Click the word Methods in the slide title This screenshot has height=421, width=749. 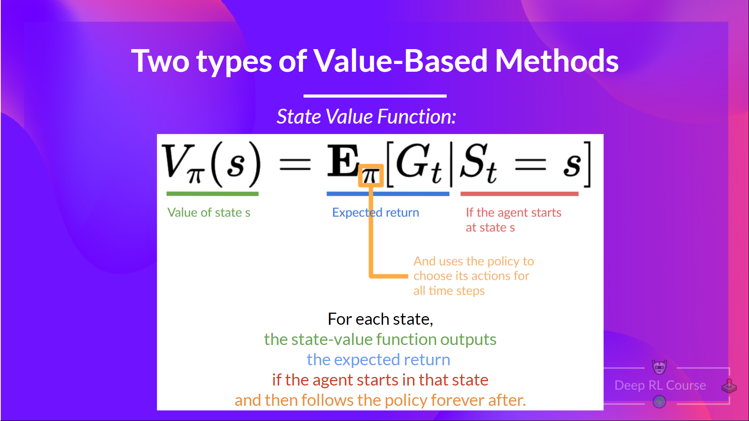(x=557, y=61)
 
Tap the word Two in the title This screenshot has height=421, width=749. (x=160, y=61)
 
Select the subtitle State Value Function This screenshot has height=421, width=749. (x=366, y=117)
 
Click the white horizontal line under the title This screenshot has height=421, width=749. (x=374, y=96)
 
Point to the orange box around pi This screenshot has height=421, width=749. (x=371, y=175)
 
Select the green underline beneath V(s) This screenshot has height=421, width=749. (x=212, y=194)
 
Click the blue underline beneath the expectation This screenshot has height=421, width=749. (x=388, y=194)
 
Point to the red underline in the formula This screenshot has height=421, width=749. (x=519, y=194)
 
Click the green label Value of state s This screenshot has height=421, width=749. (x=209, y=212)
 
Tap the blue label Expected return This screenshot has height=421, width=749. (x=375, y=212)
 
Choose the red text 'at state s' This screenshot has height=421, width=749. (x=490, y=227)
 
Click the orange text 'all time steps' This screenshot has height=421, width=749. (x=449, y=291)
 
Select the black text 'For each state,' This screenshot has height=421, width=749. (x=380, y=319)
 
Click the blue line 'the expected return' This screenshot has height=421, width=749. (x=378, y=360)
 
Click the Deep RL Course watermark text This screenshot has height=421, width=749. (x=660, y=385)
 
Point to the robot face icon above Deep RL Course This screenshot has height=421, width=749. (x=659, y=367)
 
